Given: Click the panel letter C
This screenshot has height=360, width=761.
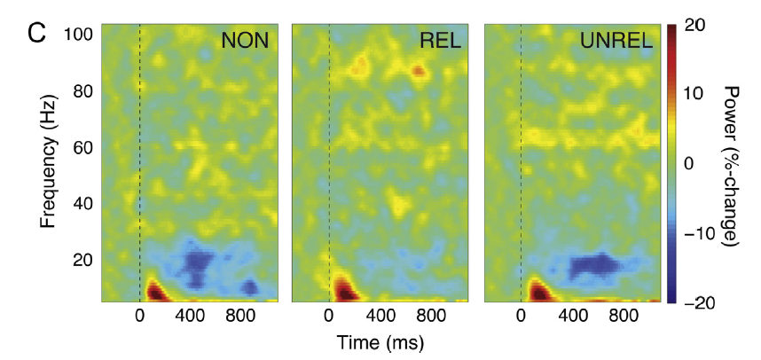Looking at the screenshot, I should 36,35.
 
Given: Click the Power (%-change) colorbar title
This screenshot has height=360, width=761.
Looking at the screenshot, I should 733,165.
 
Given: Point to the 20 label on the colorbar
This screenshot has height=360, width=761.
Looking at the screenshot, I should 695,26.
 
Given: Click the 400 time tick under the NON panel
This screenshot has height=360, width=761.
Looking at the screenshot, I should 191,317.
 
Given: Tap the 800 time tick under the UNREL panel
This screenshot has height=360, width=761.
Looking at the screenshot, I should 622,317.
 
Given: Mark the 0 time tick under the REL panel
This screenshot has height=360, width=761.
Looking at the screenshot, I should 329,317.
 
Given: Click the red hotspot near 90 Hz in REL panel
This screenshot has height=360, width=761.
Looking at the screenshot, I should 419,70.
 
